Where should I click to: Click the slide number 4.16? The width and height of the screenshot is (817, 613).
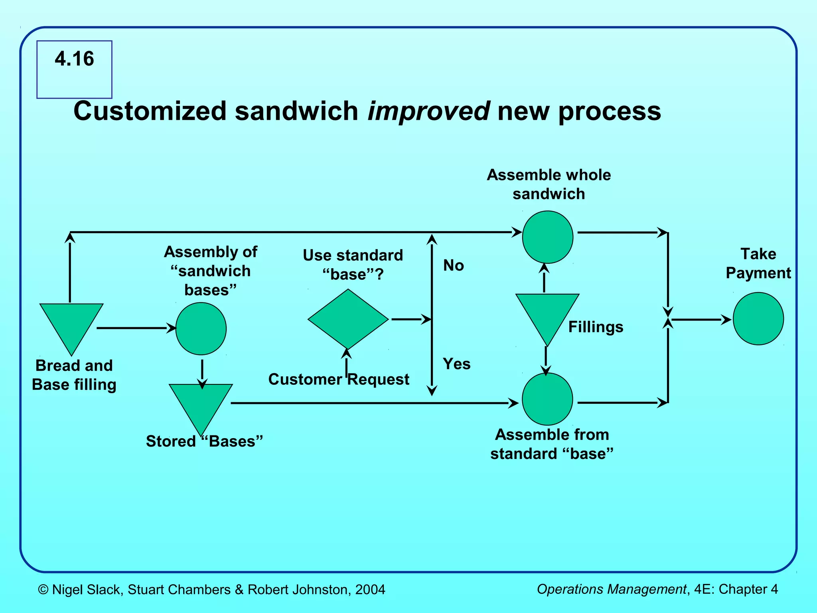click(x=74, y=59)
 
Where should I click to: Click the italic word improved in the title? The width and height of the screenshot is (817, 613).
click(x=428, y=111)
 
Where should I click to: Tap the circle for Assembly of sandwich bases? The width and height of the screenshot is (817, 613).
click(x=201, y=328)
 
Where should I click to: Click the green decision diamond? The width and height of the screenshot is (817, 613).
click(x=348, y=319)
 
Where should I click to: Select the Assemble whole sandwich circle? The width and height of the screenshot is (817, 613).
click(x=547, y=237)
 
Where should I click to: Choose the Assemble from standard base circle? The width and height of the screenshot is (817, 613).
click(x=547, y=399)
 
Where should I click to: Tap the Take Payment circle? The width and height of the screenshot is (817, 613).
click(x=758, y=318)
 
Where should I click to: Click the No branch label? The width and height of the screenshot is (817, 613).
click(x=454, y=265)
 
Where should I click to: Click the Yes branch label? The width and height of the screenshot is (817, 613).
click(x=456, y=364)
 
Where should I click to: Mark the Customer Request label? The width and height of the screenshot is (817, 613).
click(x=338, y=379)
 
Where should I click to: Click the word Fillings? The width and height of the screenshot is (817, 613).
click(x=596, y=327)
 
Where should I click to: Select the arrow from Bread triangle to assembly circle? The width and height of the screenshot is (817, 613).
click(x=136, y=328)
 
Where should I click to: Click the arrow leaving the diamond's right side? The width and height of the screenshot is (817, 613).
click(x=411, y=319)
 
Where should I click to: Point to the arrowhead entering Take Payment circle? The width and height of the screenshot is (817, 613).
click(x=726, y=319)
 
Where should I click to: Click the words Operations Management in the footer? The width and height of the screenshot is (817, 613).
click(x=611, y=589)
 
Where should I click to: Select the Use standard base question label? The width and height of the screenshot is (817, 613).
click(x=353, y=265)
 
